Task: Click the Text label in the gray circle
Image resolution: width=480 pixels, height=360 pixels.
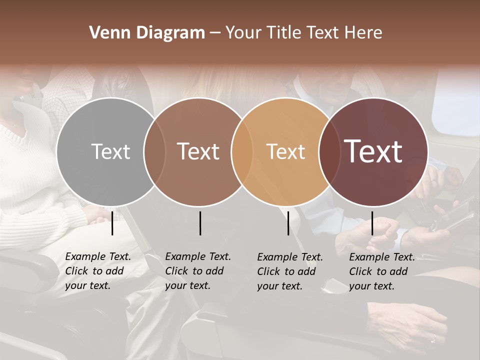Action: (110, 151)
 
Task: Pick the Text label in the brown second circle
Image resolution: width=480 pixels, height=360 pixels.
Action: (198, 151)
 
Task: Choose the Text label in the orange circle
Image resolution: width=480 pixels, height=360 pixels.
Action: (285, 151)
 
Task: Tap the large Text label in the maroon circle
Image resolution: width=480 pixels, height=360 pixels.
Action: (373, 151)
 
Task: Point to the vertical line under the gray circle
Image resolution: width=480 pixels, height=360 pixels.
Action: (112, 223)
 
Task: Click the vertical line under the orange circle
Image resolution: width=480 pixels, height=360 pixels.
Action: (288, 223)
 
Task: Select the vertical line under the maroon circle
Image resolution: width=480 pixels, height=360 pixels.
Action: (372, 223)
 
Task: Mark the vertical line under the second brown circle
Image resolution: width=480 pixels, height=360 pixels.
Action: (200, 223)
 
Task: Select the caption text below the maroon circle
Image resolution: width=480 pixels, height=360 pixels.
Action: (382, 271)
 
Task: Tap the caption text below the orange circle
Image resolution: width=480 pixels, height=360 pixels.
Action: (290, 271)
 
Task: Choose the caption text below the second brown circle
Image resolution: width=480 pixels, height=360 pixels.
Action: (198, 271)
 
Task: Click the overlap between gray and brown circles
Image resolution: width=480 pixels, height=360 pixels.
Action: (154, 151)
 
